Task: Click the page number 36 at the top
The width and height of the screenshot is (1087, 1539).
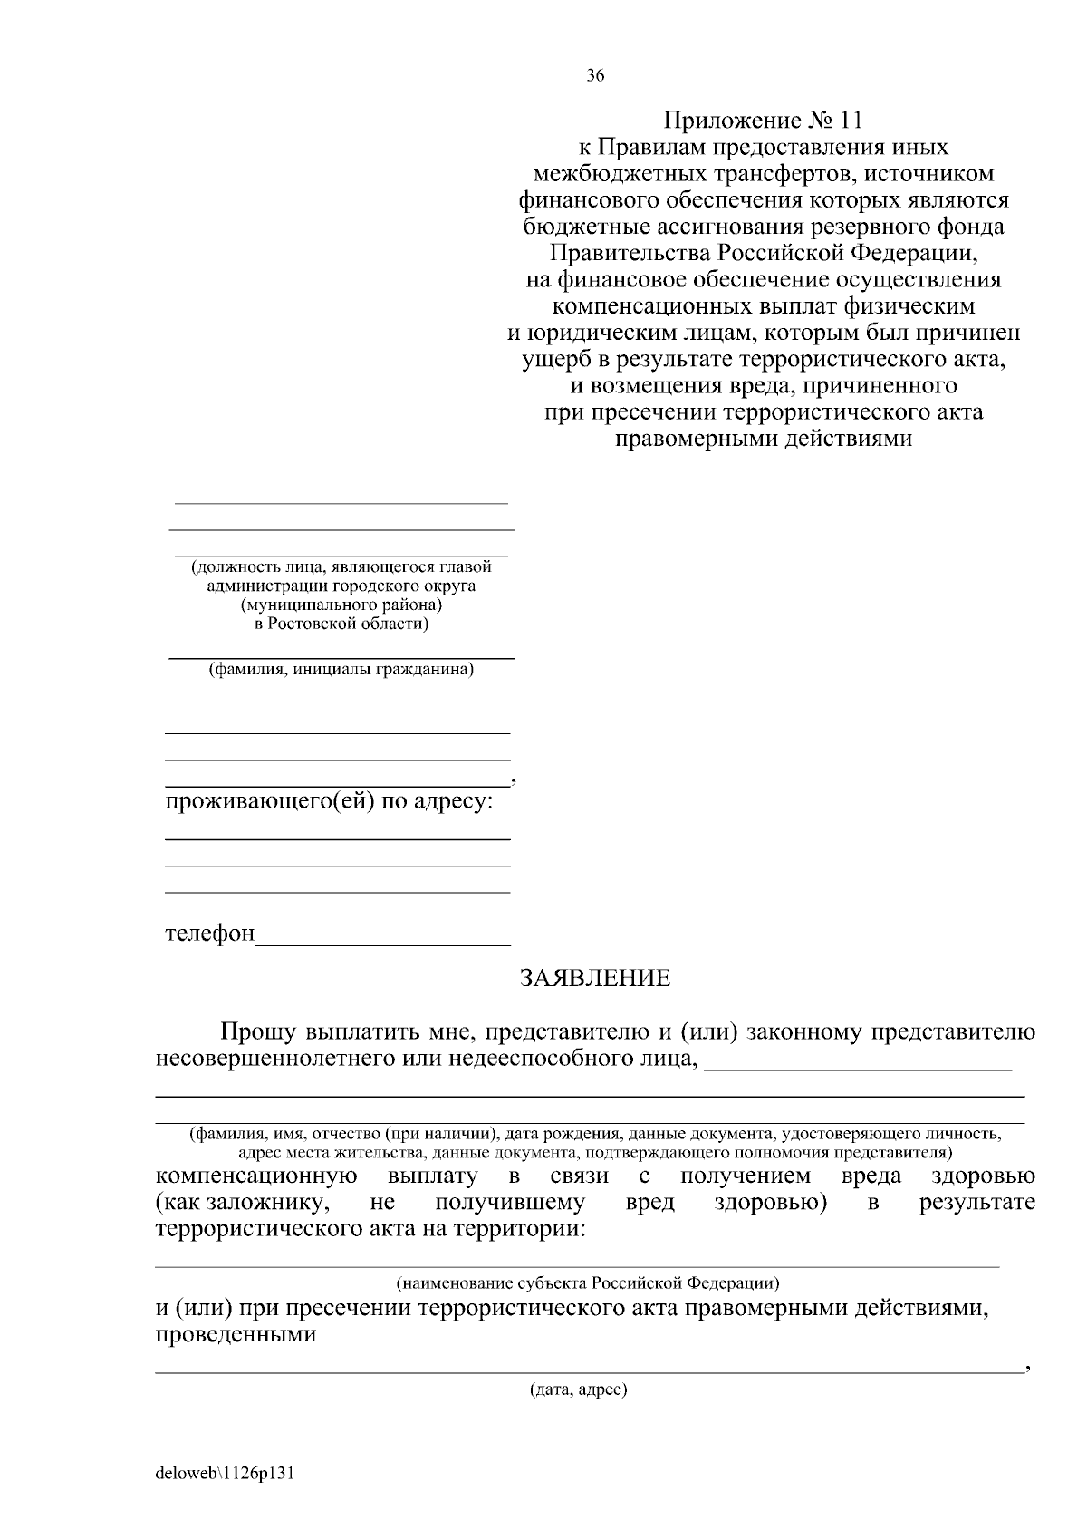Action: [x=595, y=76]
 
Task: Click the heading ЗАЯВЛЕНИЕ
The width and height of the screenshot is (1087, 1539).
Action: [x=594, y=978]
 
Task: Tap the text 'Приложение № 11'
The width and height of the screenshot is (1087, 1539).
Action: [x=763, y=121]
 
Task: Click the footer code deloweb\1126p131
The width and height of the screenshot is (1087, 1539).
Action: [x=226, y=1473]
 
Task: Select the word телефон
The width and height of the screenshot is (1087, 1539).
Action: [x=210, y=934]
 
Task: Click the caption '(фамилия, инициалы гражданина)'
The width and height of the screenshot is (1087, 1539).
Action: [x=341, y=671]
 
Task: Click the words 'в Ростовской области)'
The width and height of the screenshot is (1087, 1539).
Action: [x=341, y=624]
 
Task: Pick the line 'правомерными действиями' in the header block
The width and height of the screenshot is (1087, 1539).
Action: [x=763, y=440]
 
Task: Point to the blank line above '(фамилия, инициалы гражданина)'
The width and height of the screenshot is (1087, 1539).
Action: [x=341, y=655]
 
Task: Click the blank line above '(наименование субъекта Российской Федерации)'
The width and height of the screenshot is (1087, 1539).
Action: [x=577, y=1264]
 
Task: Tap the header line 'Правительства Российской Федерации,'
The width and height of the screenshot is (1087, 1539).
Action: [x=763, y=253]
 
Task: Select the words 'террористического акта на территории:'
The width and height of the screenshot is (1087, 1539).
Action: [x=370, y=1230]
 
